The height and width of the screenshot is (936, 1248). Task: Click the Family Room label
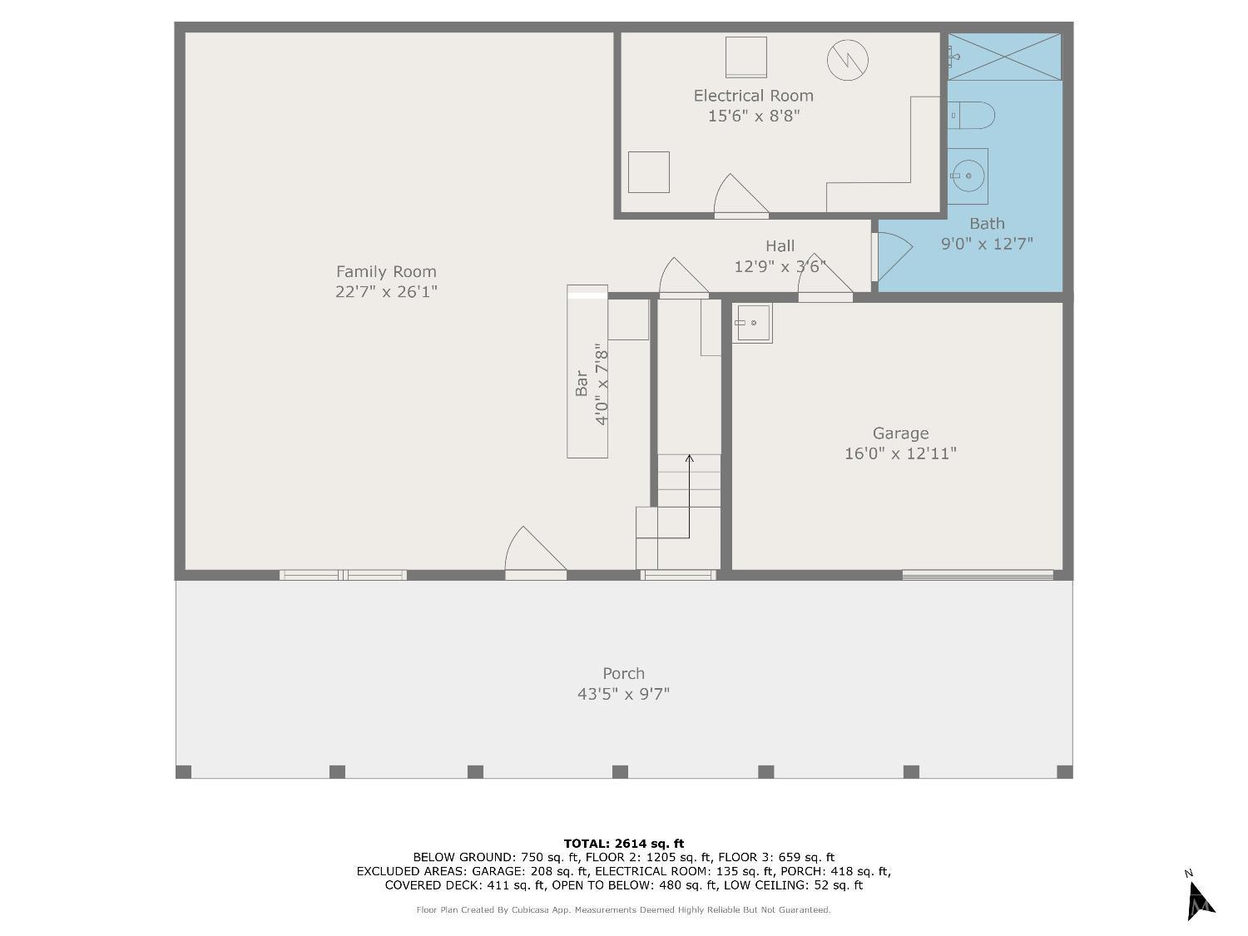(386, 272)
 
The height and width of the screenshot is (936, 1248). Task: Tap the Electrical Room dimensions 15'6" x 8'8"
(753, 116)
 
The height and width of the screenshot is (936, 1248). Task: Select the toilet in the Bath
(971, 116)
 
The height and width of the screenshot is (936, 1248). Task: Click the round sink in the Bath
(968, 176)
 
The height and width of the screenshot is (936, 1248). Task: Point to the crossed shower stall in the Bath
(1004, 57)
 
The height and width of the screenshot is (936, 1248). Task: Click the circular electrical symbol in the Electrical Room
(847, 60)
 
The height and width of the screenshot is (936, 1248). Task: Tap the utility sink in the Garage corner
(751, 323)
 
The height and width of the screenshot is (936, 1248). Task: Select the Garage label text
(900, 433)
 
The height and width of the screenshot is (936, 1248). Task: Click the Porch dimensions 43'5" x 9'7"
(624, 694)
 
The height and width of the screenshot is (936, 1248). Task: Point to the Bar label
(582, 383)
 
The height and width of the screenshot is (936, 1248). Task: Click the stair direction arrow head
(689, 458)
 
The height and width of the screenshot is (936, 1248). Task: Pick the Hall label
(780, 246)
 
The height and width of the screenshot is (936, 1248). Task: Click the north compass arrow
(1200, 901)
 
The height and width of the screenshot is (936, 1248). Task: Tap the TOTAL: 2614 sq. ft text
(624, 844)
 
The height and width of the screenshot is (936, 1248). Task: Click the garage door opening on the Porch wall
(978, 575)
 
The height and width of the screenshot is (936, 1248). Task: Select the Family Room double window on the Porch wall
(343, 575)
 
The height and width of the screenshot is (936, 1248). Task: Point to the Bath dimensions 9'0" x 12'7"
(987, 244)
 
